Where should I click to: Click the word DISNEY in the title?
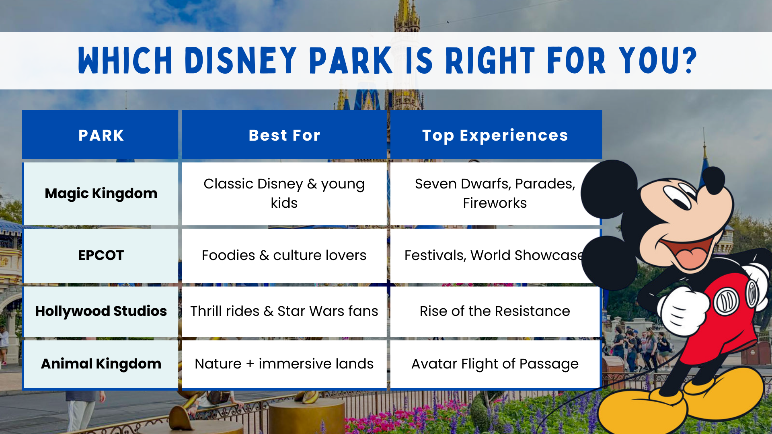[x=240, y=61]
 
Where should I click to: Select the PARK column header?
[x=101, y=135]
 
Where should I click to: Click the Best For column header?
[x=284, y=135]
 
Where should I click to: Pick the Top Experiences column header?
[x=495, y=135]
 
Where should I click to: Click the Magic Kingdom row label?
[x=101, y=193]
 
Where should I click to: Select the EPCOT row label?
[x=101, y=255]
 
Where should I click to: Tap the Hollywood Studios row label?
[x=101, y=311]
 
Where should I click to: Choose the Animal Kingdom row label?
[x=101, y=364]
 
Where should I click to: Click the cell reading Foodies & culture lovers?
[x=284, y=255]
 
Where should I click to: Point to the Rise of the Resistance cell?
[x=495, y=311]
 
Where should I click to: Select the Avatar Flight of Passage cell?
[x=495, y=364]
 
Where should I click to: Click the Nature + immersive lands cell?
[x=284, y=364]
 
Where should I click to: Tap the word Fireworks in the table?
[x=495, y=203]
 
